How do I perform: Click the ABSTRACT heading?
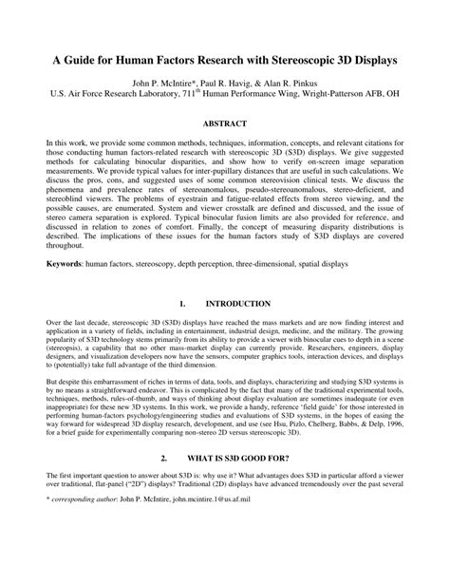click(224, 124)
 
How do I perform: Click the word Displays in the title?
click(371, 59)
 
